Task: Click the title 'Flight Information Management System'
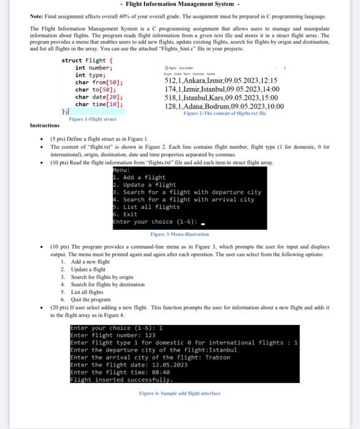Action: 180,5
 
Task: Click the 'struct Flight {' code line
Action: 88,61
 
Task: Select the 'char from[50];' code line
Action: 99,82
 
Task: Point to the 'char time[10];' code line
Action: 99,104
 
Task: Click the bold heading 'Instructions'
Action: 45,126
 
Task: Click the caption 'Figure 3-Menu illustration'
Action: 180,234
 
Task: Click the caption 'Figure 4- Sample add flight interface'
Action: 180,393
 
